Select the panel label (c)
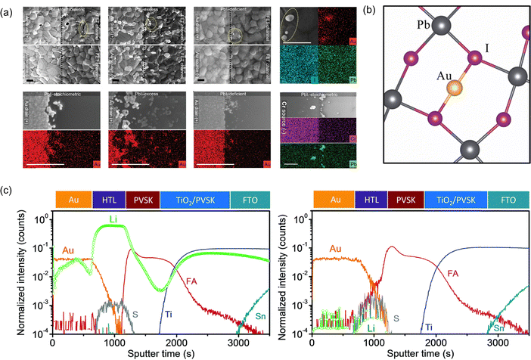(x=8, y=188)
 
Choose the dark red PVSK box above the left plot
(x=143, y=198)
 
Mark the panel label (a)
(x=8, y=5)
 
